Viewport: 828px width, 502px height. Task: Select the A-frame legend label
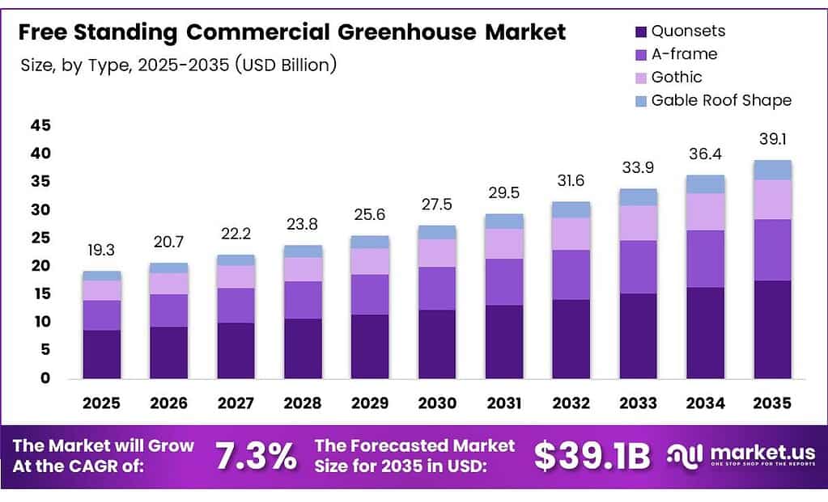tap(684, 54)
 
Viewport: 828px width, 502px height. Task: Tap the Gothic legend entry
tap(677, 77)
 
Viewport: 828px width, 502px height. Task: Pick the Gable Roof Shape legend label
tap(721, 100)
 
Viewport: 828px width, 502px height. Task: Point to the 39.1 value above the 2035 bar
tap(772, 140)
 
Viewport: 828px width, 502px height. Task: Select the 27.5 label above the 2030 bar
tap(437, 205)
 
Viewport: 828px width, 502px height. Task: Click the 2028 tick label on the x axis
tap(303, 403)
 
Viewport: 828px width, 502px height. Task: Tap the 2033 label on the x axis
tap(639, 403)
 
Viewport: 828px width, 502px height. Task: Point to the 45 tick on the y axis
tap(40, 125)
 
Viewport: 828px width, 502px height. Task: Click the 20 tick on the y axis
tap(40, 266)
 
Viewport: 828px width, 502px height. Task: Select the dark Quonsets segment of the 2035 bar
tap(772, 329)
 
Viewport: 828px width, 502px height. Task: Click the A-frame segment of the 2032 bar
tap(571, 275)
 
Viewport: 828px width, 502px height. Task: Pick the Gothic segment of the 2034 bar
tap(705, 212)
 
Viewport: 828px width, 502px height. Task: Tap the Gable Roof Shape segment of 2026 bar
tap(168, 268)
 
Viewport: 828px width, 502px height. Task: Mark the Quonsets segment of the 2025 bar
tap(101, 354)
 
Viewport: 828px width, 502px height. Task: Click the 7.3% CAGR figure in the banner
tap(256, 457)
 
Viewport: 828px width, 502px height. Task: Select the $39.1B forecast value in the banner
tap(592, 457)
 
